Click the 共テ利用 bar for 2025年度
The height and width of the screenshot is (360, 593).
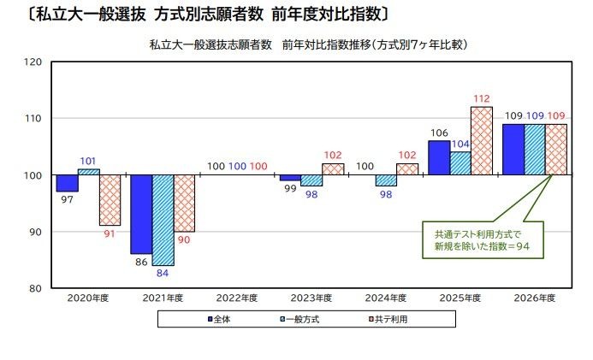point(482,141)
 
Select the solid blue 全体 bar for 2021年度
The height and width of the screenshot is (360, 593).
point(141,214)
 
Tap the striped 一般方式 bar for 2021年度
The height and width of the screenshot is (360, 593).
point(163,220)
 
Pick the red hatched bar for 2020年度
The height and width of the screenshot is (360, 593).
point(110,200)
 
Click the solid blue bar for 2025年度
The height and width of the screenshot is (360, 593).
point(438,158)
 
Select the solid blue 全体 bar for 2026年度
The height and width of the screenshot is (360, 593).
point(513,150)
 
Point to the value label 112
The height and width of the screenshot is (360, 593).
point(482,97)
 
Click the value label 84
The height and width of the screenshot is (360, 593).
point(163,274)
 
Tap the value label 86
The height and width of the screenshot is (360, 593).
point(140,263)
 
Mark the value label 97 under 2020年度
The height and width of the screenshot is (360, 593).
point(67,200)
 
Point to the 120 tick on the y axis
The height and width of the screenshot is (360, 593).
point(34,62)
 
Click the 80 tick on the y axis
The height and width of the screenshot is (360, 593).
point(37,289)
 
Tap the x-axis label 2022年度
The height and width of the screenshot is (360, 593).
point(237,298)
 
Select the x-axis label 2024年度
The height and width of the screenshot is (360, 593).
point(386,298)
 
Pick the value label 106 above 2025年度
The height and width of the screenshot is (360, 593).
point(438,133)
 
